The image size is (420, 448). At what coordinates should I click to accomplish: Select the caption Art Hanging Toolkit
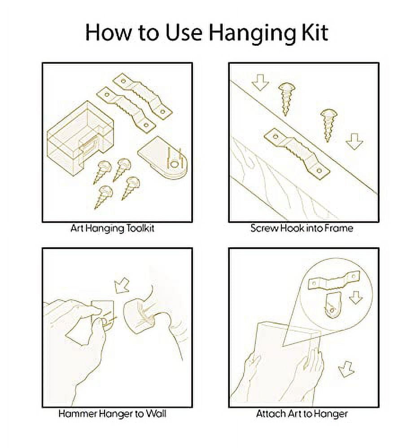point(113,228)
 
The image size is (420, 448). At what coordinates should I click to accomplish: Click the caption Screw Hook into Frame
point(302,228)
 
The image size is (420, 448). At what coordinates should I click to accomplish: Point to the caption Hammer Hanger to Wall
point(113,414)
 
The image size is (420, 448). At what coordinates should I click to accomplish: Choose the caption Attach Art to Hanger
point(302,414)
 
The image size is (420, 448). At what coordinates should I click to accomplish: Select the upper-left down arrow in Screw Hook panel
point(260,82)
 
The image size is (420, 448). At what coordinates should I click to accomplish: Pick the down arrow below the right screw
point(354,142)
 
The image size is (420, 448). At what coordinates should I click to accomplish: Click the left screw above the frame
point(286,99)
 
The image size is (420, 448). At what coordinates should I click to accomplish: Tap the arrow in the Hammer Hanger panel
point(122,286)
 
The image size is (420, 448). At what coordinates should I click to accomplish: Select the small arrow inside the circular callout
point(356,297)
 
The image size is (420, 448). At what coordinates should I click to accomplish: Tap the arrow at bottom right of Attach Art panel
point(346,369)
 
